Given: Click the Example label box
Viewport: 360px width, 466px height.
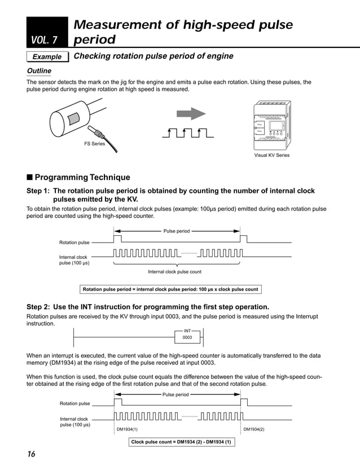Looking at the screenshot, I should tap(47, 57).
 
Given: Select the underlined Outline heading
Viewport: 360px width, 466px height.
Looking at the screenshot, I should tap(39, 71).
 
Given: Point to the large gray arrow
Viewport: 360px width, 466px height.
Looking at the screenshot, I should tap(191, 114).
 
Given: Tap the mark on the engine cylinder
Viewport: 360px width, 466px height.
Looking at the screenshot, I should tap(74, 119).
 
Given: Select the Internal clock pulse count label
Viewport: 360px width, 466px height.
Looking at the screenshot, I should tap(174, 271).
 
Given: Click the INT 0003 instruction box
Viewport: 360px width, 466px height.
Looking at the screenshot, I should tap(187, 335).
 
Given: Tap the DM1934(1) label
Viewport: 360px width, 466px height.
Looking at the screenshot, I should tap(127, 429).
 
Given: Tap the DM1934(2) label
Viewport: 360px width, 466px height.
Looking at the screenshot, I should tap(254, 429).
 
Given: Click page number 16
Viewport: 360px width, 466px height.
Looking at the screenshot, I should tap(31, 455).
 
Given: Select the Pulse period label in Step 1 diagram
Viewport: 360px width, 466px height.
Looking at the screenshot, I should tap(177, 231).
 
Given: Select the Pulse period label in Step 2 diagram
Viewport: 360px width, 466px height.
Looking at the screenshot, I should tap(175, 394).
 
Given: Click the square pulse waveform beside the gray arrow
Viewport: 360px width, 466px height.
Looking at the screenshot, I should tap(191, 134).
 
